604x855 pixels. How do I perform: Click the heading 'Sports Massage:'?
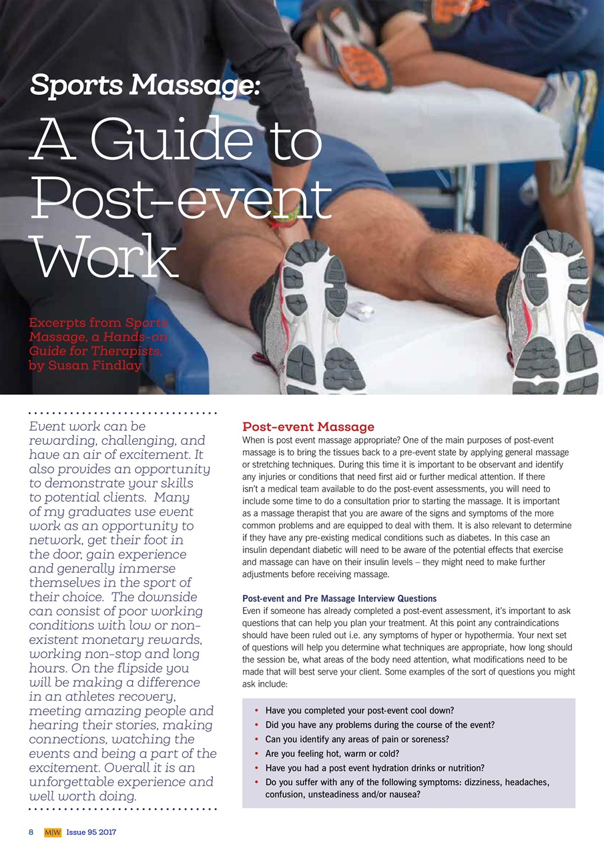(144, 85)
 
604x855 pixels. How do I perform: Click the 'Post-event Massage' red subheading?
(308, 427)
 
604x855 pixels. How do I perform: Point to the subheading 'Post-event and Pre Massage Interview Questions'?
(339, 598)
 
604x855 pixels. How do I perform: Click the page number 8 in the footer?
(31, 832)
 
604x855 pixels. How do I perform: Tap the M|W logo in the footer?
(52, 832)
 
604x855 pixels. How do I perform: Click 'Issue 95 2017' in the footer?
(91, 832)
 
